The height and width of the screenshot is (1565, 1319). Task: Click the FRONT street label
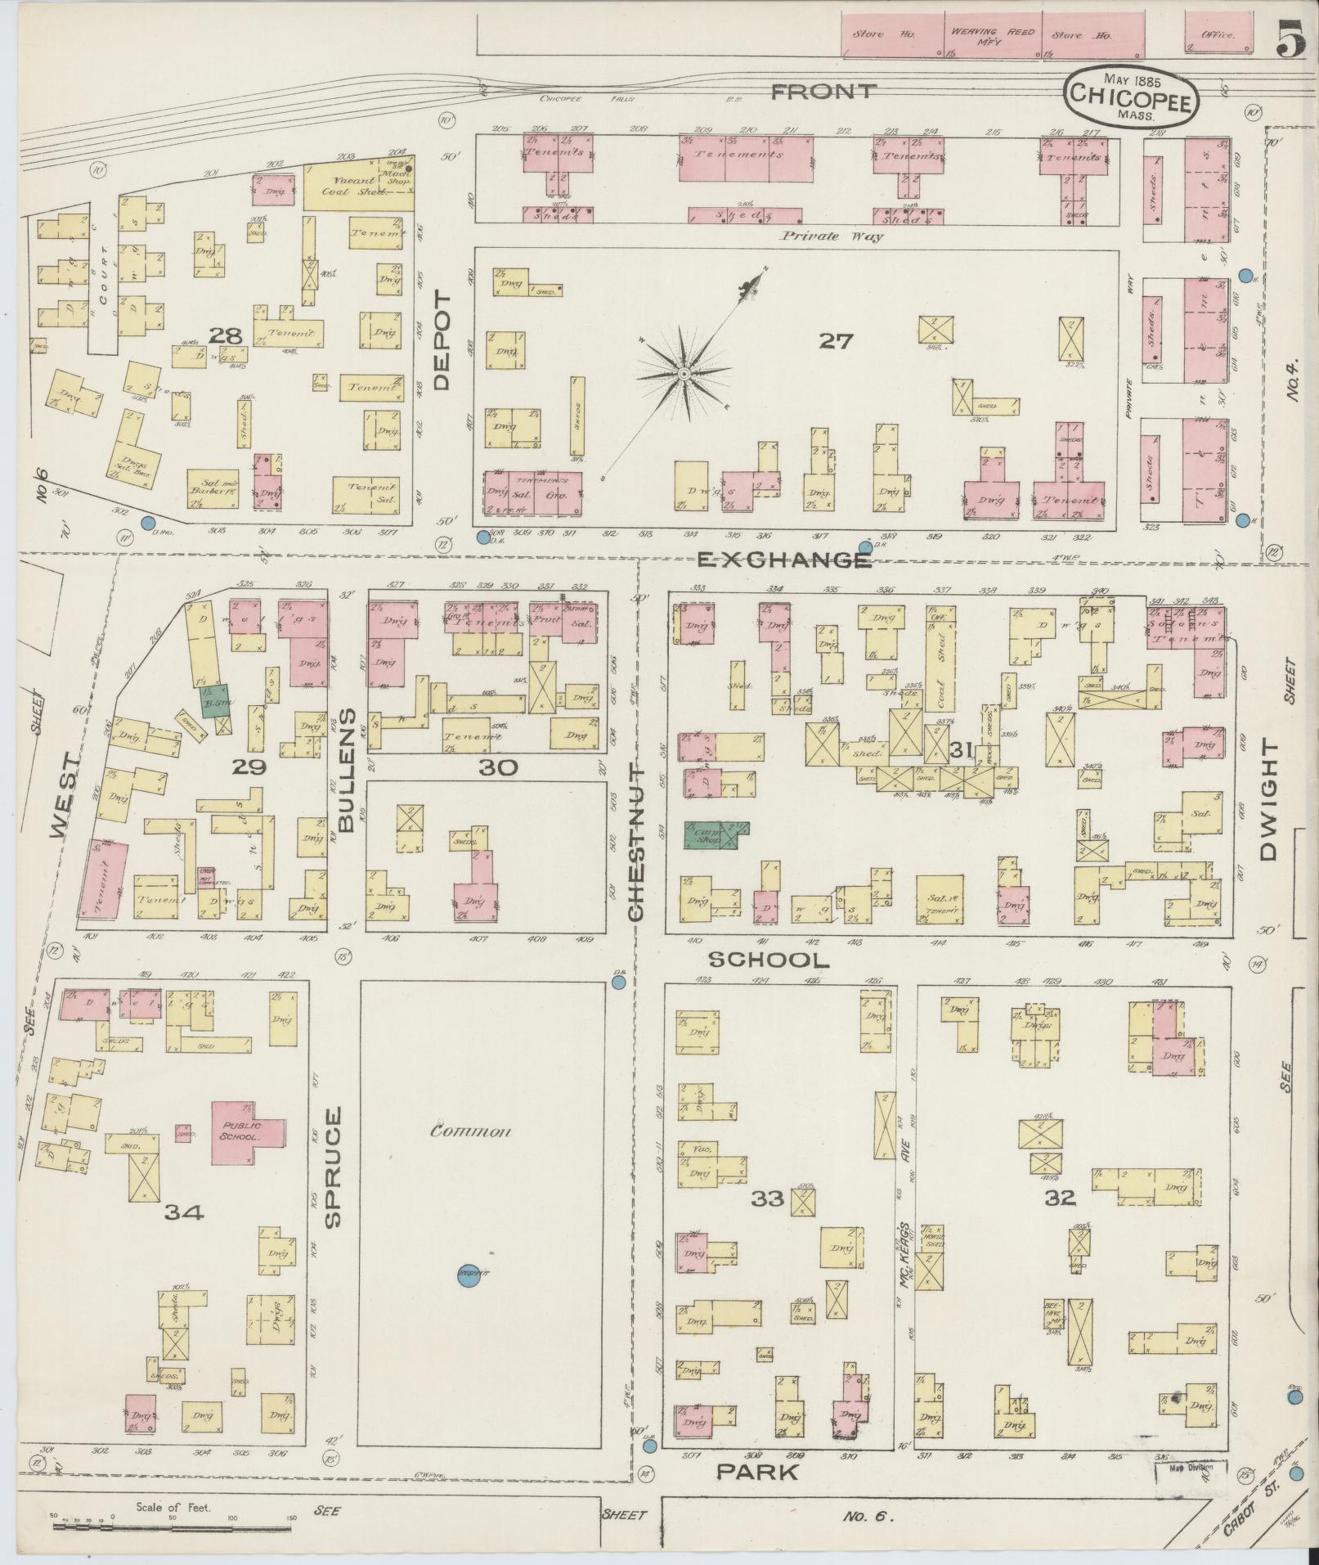tap(823, 92)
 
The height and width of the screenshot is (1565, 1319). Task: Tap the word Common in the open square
tap(470, 1131)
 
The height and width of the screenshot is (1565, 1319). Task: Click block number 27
tap(837, 341)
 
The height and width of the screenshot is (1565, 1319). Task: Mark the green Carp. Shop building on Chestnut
tap(711, 834)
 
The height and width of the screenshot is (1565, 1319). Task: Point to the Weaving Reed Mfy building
tap(992, 35)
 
